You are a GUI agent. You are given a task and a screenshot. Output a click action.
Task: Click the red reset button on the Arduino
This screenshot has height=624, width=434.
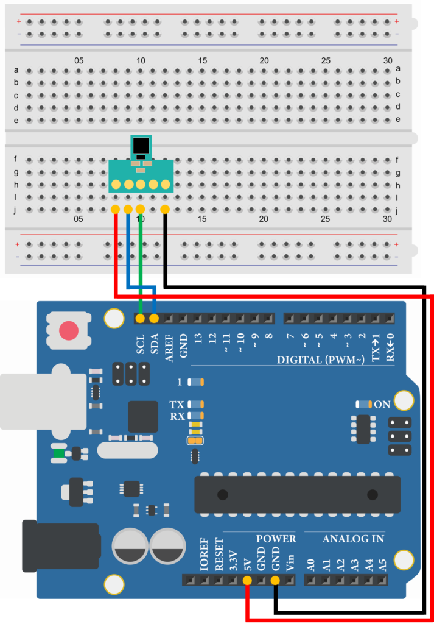click(x=69, y=331)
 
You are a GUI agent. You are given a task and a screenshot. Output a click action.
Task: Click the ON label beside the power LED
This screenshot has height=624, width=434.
click(x=382, y=404)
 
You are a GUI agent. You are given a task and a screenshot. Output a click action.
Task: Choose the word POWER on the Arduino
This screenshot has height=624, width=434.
click(x=276, y=539)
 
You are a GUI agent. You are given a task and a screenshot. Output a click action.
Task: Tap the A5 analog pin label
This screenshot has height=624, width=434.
click(x=382, y=564)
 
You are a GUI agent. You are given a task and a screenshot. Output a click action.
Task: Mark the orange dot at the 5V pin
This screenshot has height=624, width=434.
click(x=247, y=581)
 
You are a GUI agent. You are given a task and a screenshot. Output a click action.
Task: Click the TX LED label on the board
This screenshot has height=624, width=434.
click(x=177, y=404)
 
